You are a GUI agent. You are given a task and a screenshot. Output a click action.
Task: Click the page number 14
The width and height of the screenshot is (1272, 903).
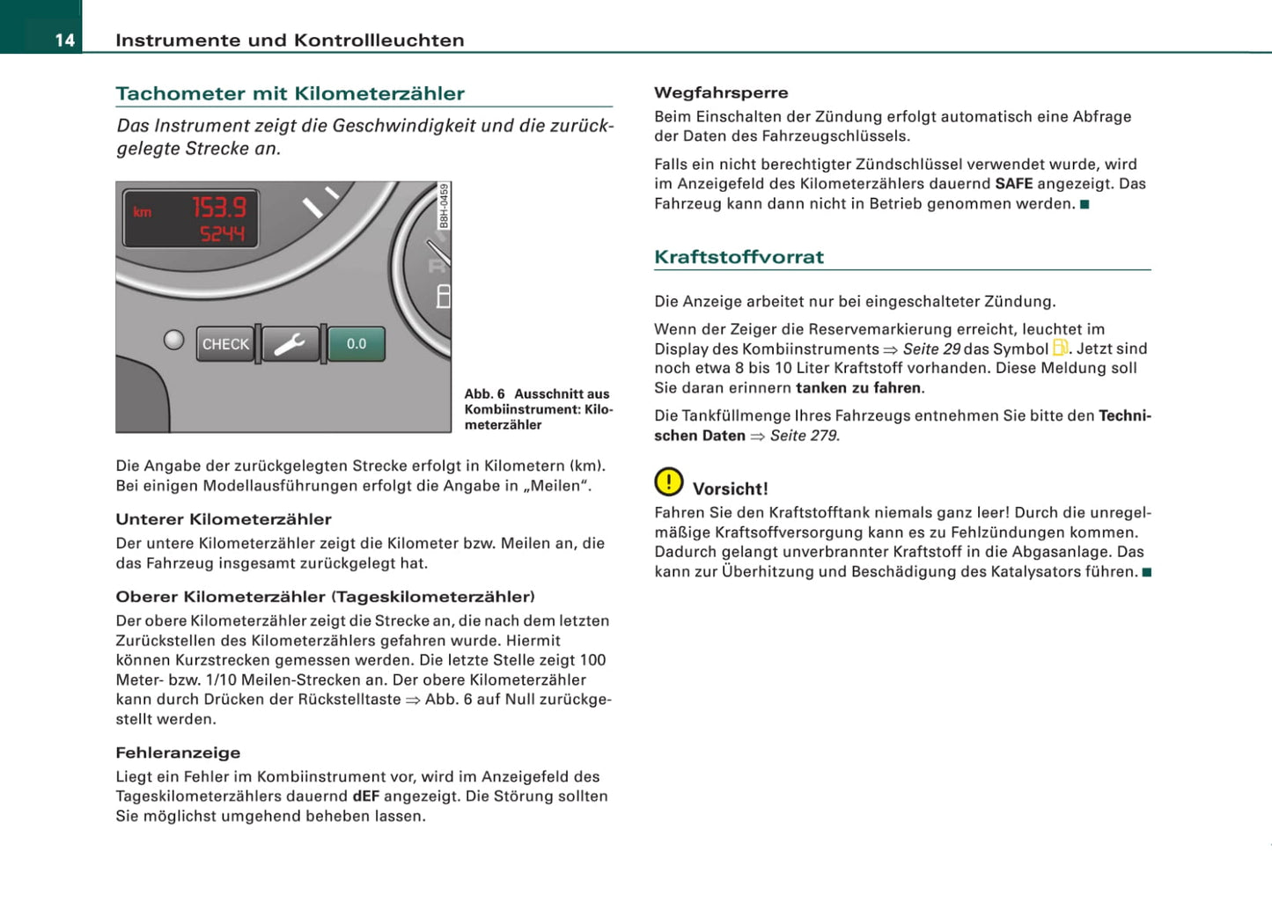[64, 40]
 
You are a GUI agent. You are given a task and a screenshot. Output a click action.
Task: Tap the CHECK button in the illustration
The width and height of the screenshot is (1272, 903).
[225, 344]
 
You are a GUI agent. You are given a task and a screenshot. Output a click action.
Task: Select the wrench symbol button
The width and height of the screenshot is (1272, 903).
[290, 344]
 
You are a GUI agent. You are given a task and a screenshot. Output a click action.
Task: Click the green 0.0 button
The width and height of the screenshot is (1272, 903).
[357, 344]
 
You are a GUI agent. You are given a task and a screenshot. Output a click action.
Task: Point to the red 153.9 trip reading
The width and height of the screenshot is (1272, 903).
[219, 208]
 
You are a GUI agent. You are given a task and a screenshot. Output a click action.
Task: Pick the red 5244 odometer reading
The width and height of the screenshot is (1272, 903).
[222, 233]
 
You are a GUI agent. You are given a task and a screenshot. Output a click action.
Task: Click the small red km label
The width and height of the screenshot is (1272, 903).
[142, 212]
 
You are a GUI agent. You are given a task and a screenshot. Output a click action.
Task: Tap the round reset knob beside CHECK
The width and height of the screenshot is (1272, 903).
[174, 340]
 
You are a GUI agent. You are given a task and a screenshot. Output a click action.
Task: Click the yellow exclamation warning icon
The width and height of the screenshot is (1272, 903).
[669, 481]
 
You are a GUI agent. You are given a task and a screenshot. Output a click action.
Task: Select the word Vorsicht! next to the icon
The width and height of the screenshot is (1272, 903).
[730, 488]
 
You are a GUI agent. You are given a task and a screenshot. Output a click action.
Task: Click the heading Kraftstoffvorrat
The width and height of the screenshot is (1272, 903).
[739, 257]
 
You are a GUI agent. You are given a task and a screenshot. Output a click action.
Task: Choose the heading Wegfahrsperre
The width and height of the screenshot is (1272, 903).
[721, 92]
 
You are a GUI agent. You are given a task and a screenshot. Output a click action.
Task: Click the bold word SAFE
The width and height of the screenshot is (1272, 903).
[1013, 184]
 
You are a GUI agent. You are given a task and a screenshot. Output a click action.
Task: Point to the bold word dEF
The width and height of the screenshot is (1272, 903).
[365, 797]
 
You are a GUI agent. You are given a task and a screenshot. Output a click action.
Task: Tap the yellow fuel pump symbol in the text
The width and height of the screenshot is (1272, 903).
[1061, 349]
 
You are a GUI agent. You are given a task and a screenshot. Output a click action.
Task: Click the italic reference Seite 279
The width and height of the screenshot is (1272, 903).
[804, 436]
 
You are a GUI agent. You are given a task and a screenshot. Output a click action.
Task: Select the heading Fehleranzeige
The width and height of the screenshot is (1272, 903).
[178, 752]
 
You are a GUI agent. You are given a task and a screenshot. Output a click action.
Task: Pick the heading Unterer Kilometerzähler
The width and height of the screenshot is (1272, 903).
[224, 519]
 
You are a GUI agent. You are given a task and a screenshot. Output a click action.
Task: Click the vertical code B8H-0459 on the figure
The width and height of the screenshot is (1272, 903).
[445, 206]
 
